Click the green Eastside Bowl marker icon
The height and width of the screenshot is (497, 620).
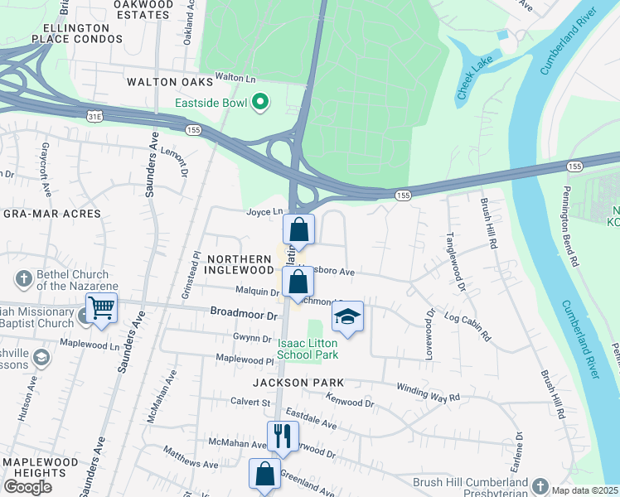coord(260,103)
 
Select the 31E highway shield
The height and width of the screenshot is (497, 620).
coord(93,116)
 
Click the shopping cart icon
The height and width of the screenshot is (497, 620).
coord(101,308)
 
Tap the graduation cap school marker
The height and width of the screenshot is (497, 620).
coord(348,316)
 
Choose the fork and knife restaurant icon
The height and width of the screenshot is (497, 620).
coord(283,435)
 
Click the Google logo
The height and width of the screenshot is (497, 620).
coord(27,486)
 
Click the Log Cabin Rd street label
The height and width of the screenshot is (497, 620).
coord(468,327)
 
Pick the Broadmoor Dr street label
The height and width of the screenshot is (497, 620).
coord(244,316)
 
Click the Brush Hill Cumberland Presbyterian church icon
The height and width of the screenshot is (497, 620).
coord(540,485)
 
